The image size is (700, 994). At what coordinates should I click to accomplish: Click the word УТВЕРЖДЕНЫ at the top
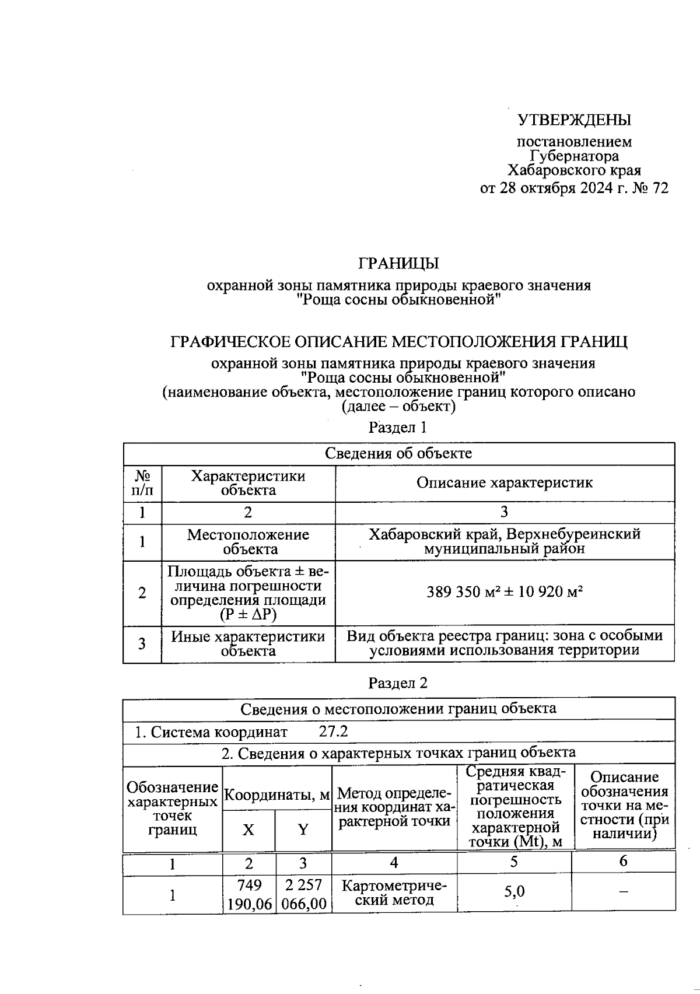point(574,120)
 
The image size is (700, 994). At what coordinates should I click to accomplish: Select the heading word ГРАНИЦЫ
point(398,264)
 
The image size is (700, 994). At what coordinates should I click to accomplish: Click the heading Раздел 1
point(398,427)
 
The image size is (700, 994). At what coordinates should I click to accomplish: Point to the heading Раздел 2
point(398,683)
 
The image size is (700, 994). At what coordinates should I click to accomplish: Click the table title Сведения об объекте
point(398,453)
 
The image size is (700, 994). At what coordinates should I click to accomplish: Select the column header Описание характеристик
point(504,483)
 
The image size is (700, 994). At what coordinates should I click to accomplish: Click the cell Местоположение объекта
point(249,542)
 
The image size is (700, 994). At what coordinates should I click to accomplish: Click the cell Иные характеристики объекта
point(249,643)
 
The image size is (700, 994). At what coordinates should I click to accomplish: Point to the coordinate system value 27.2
point(333,731)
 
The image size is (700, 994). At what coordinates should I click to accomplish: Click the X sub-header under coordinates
point(249,830)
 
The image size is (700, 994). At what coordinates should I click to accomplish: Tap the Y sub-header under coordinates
point(303,830)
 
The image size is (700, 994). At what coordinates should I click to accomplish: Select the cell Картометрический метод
point(394,892)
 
